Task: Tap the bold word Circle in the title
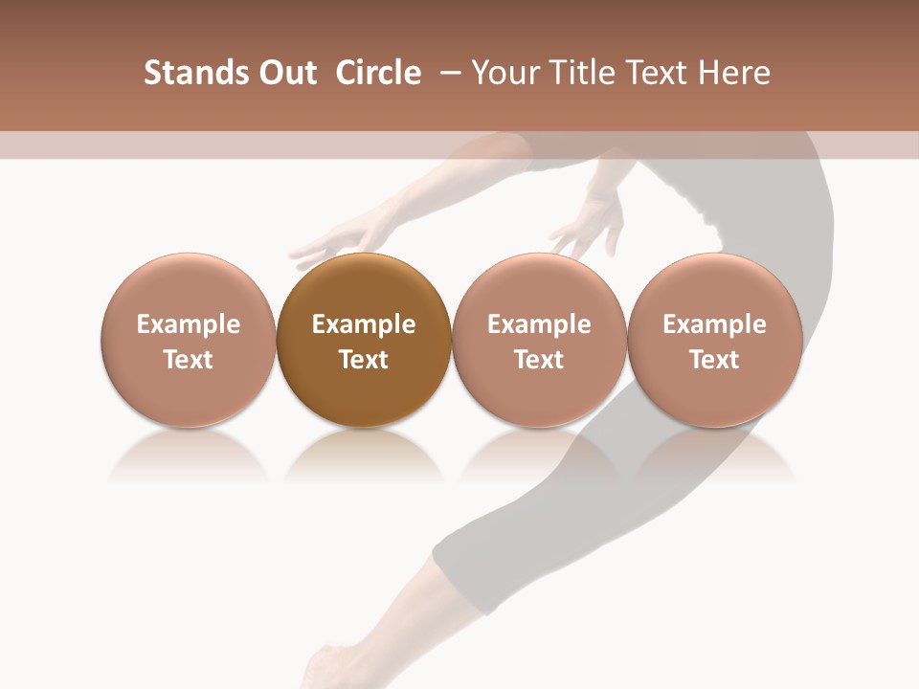[x=378, y=73]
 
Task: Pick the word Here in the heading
[x=734, y=73]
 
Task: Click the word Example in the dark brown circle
[x=364, y=324]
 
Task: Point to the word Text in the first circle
[x=189, y=360]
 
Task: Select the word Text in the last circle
[x=714, y=360]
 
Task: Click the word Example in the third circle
[x=539, y=324]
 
